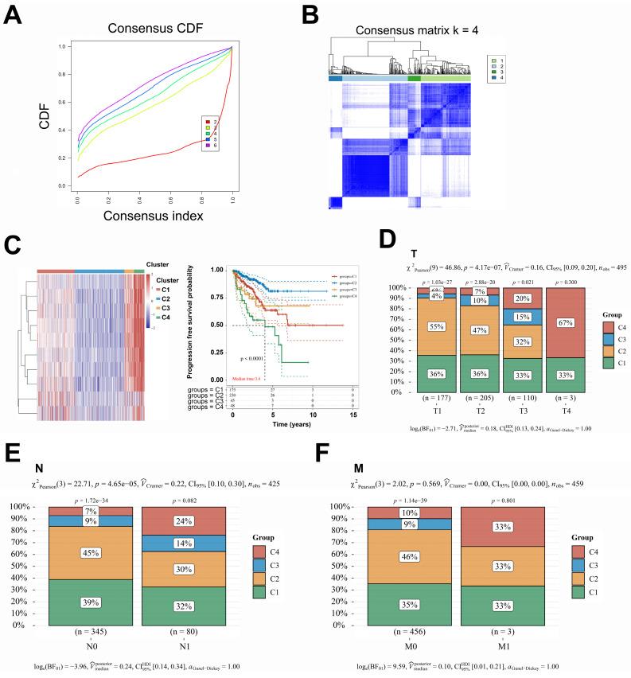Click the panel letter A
click(14, 14)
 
